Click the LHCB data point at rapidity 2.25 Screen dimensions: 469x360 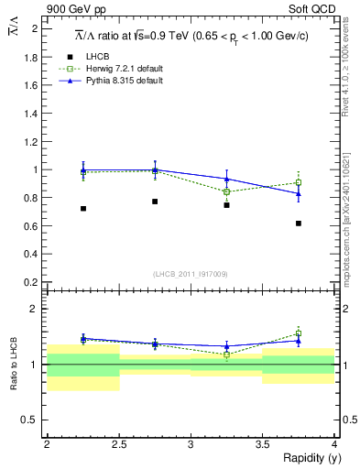[x=83, y=209]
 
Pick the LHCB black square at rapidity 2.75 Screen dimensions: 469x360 [x=155, y=202]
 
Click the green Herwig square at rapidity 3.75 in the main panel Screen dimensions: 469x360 [x=299, y=182]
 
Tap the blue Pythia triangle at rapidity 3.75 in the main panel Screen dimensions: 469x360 [x=299, y=193]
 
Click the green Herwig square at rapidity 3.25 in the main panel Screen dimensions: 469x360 [x=227, y=191]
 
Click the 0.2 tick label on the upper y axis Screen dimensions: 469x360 [x=34, y=282]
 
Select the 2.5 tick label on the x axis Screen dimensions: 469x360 [x=118, y=444]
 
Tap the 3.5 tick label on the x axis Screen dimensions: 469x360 [x=262, y=444]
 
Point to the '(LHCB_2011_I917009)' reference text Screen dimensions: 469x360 [x=191, y=274]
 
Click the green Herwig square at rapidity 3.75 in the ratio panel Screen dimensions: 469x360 [x=299, y=334]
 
